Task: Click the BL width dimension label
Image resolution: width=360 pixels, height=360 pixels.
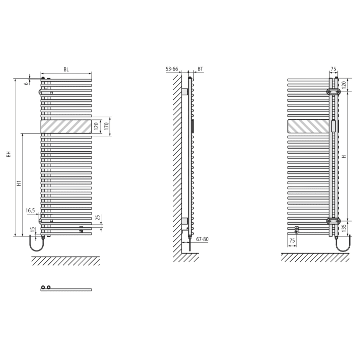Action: coord(66,69)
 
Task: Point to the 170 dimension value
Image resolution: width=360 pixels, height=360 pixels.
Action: coord(106,127)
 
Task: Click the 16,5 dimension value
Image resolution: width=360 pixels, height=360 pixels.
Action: coord(30,210)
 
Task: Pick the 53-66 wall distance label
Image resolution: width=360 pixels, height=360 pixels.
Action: coord(172,69)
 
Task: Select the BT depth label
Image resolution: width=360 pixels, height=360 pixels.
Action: coord(200,69)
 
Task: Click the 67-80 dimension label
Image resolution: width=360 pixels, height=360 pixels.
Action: coord(202,239)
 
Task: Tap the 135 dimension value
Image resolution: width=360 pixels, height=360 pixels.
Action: coord(344,228)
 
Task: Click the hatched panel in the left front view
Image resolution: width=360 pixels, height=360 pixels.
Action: coord(66,127)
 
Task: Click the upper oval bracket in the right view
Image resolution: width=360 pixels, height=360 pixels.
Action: coord(334,92)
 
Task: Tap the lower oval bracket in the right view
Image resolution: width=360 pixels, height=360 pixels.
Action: coord(334,221)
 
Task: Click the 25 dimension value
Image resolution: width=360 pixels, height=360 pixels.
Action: coord(97,217)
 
